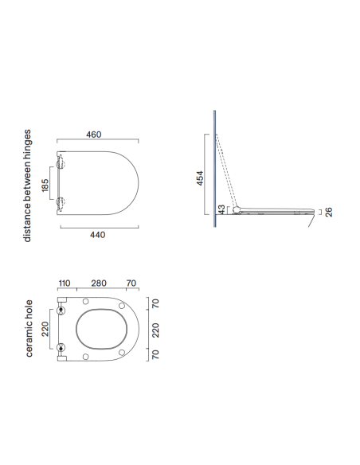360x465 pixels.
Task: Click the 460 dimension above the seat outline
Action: (94, 135)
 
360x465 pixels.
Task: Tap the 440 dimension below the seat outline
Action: (97, 235)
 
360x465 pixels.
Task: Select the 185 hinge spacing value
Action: (45, 185)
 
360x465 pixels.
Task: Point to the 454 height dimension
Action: (200, 178)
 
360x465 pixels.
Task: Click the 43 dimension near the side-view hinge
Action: (221, 209)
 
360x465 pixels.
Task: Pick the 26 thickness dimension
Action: (329, 212)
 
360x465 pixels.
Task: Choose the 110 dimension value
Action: (65, 283)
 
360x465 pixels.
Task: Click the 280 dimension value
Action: (99, 283)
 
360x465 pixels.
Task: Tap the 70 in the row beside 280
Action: (131, 283)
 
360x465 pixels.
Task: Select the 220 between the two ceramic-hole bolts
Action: (45, 329)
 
